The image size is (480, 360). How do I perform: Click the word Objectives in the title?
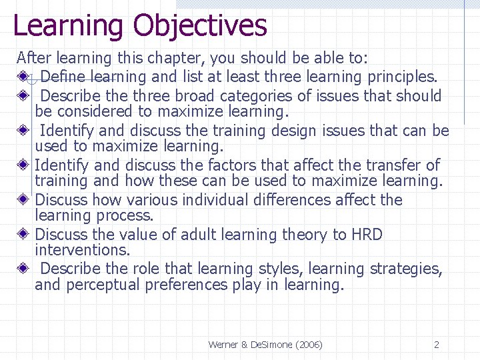(x=199, y=25)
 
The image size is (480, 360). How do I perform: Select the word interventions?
(x=82, y=250)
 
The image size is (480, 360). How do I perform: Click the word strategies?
(x=408, y=269)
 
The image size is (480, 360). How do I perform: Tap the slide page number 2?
(x=437, y=345)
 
